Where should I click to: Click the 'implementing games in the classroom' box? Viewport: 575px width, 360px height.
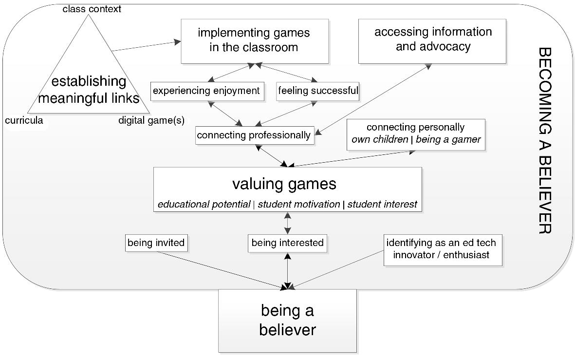click(x=254, y=41)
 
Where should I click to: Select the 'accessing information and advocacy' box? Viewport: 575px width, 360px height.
click(x=432, y=41)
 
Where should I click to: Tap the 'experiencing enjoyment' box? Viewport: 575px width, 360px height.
click(x=206, y=91)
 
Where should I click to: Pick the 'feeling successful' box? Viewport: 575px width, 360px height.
click(x=318, y=91)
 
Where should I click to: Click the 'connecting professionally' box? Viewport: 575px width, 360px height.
click(x=254, y=135)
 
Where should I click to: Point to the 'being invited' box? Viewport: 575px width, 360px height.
click(x=156, y=243)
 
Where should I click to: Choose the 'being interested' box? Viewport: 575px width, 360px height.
click(x=287, y=243)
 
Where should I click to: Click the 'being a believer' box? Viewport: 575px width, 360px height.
click(x=287, y=320)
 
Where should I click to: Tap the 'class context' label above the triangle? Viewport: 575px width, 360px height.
click(x=92, y=9)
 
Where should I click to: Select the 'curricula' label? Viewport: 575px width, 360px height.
click(x=24, y=121)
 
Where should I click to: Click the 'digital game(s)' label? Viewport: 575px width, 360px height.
click(x=151, y=121)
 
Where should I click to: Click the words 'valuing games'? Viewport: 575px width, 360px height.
click(x=284, y=184)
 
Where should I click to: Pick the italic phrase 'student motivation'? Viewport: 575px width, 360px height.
click(x=298, y=205)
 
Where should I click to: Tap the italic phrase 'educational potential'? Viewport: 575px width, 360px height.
click(x=204, y=205)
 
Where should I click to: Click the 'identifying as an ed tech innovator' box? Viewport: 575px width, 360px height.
click(x=443, y=248)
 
